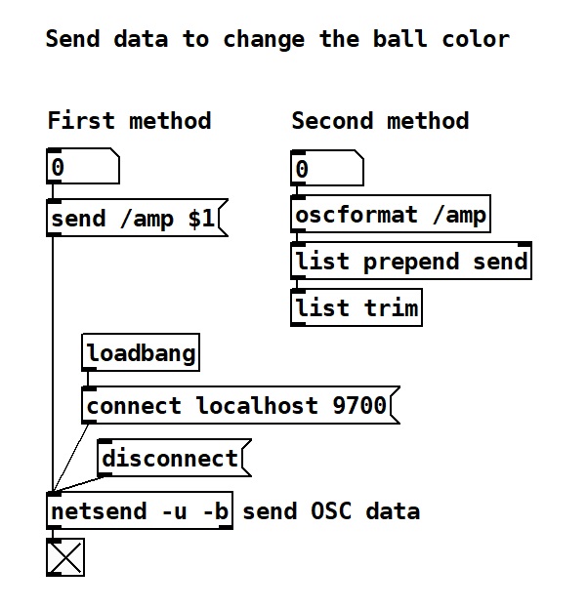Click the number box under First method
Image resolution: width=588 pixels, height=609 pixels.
point(83,166)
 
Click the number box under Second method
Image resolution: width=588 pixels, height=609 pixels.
point(327,168)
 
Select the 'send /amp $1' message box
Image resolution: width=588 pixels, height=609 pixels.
point(137,218)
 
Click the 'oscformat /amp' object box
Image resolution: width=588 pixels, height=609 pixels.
point(391,215)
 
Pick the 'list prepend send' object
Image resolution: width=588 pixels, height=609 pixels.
point(411,261)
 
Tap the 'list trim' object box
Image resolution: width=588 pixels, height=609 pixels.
point(357,307)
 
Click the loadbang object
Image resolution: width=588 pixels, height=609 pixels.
point(141,352)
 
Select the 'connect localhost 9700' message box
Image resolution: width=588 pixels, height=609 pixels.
point(240,405)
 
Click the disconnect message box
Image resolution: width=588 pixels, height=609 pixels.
point(174,458)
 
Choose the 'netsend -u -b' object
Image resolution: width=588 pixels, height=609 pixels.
point(140,510)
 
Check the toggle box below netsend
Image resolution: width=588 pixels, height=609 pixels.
point(65,557)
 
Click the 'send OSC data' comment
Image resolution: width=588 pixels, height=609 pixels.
point(331,510)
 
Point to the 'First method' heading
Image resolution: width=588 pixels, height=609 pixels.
point(129,120)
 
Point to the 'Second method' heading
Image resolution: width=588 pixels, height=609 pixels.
point(381,120)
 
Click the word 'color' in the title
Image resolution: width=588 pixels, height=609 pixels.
point(476,39)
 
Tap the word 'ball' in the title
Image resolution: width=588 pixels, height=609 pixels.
point(400,39)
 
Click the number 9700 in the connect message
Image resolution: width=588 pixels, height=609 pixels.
point(359,405)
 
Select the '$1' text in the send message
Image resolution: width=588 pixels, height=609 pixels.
point(201,219)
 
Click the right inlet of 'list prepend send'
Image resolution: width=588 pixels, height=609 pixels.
point(525,244)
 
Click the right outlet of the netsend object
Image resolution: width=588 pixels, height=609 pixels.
point(226,527)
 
